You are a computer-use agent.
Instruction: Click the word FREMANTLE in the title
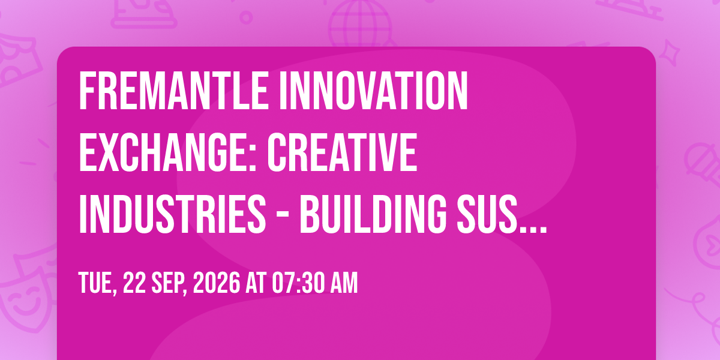click(x=173, y=91)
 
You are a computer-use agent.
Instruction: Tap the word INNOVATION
click(x=373, y=91)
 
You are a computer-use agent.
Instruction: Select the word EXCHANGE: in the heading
click(x=167, y=152)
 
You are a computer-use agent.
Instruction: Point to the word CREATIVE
click(x=342, y=152)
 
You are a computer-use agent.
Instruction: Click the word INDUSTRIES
click(x=172, y=214)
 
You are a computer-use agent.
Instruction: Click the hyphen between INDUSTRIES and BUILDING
click(x=283, y=217)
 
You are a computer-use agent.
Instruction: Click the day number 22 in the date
click(x=134, y=283)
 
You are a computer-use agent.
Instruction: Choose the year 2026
click(x=217, y=283)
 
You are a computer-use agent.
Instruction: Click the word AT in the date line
click(x=256, y=283)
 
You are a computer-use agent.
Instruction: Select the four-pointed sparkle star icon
click(x=670, y=52)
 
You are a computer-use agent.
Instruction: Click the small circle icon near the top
click(x=246, y=17)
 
